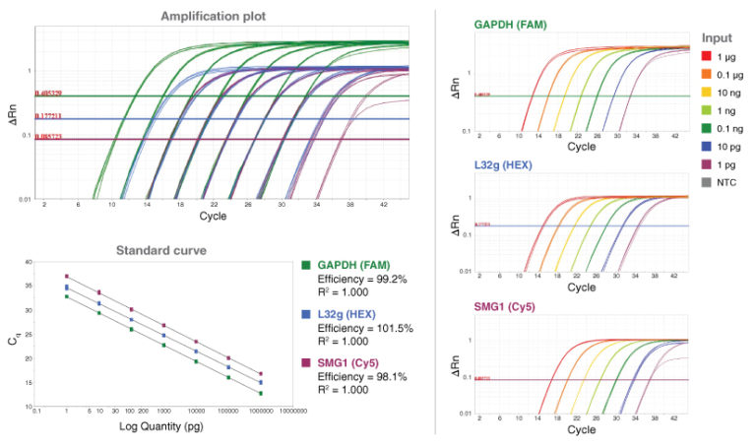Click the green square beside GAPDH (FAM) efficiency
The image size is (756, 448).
coord(306,265)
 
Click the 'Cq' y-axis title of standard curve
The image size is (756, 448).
coord(12,338)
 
